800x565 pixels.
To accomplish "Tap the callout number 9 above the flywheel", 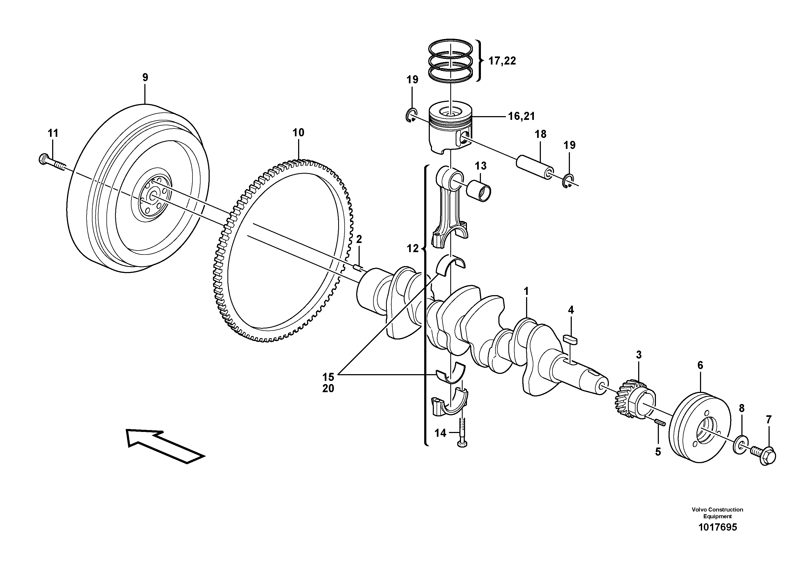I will click(145, 77).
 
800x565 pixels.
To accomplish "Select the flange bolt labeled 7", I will click(765, 455).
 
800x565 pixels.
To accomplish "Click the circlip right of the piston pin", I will click(568, 180).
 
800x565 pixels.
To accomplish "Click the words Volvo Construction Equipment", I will click(717, 513).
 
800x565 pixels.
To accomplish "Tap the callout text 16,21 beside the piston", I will click(521, 116).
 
